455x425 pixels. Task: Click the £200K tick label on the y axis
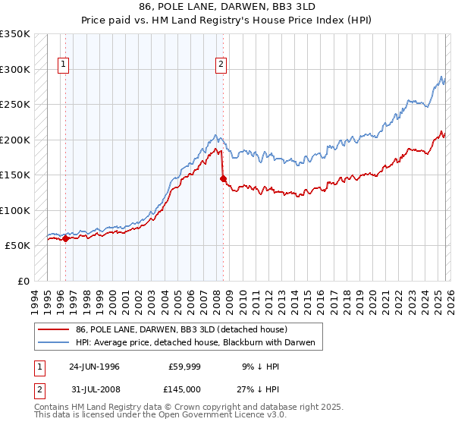(x=14, y=140)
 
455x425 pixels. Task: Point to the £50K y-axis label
(x=17, y=246)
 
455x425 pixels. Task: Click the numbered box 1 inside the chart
(x=64, y=65)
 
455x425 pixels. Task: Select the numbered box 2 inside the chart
(x=221, y=65)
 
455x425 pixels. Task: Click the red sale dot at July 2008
(x=223, y=179)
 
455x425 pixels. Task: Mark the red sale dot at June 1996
(x=65, y=238)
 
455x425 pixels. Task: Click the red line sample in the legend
(x=54, y=329)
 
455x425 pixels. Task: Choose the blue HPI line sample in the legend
(x=54, y=343)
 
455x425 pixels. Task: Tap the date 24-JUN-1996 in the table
(x=94, y=366)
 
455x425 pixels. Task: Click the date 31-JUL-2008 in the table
(x=94, y=390)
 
